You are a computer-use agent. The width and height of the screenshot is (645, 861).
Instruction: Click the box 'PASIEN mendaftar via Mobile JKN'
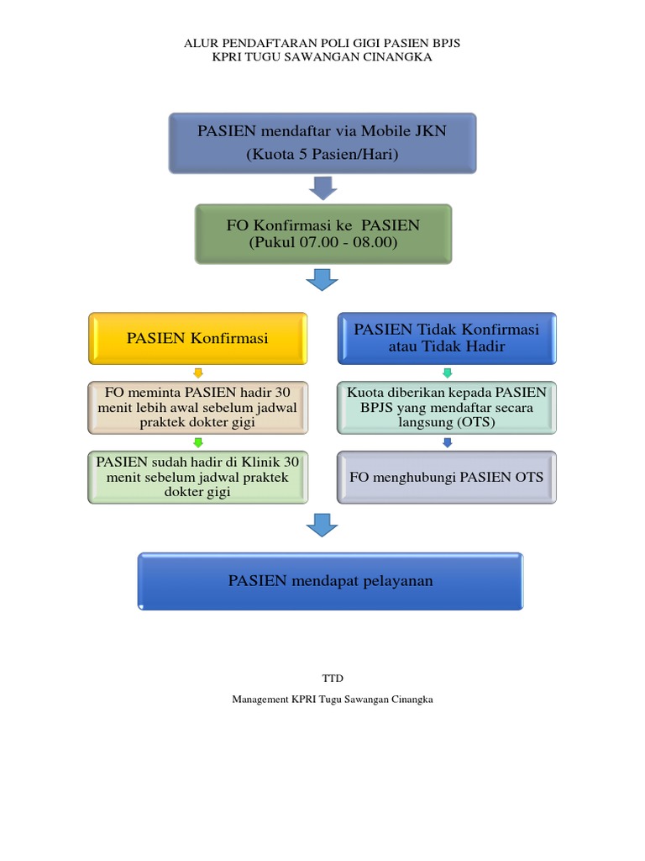click(322, 143)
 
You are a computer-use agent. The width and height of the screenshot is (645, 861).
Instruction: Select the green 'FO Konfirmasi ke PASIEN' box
click(322, 234)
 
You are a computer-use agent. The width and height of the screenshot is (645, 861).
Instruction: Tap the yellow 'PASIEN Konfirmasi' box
click(197, 339)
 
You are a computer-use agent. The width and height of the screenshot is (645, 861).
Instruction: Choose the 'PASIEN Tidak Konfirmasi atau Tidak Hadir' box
click(446, 338)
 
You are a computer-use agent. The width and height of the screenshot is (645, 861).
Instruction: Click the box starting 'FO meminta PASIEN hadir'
click(197, 408)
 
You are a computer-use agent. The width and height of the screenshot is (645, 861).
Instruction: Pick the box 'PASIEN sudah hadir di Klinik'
click(197, 478)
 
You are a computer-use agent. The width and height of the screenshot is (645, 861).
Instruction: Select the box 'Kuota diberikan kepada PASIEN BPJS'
click(446, 408)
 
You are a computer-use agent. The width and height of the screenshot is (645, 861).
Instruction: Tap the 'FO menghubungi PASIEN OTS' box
click(446, 478)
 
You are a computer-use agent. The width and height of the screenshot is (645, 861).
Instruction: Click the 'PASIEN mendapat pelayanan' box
click(330, 581)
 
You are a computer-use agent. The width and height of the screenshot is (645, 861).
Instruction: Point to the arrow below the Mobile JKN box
click(322, 188)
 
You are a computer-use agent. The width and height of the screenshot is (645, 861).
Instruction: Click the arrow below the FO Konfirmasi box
click(322, 280)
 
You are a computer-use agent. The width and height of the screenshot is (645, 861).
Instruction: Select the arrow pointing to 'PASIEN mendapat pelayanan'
click(322, 526)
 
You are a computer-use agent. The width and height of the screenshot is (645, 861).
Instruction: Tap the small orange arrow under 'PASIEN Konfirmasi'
click(197, 372)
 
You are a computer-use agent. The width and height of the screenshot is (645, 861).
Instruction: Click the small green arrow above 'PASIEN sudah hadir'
click(197, 442)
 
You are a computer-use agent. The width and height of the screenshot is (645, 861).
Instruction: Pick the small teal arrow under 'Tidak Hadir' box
click(447, 372)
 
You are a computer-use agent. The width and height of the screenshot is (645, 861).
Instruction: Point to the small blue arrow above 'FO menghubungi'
click(447, 442)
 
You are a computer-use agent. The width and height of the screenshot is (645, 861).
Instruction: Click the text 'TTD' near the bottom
click(333, 678)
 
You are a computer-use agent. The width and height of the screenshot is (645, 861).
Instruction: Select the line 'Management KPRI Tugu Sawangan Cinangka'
click(333, 700)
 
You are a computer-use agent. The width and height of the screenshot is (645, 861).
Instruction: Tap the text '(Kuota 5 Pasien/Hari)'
click(322, 155)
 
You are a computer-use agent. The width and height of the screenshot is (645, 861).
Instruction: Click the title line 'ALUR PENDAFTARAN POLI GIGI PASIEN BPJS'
click(322, 43)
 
